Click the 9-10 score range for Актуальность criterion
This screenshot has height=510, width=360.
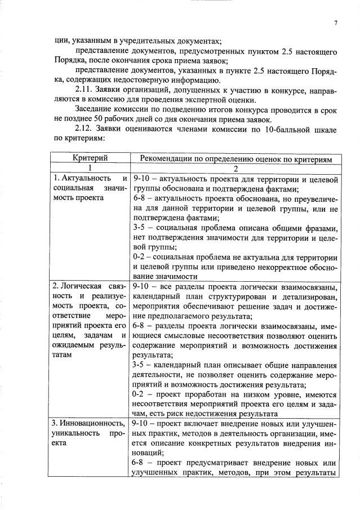point(141,179)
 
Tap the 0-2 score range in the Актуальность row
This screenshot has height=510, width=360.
point(140,257)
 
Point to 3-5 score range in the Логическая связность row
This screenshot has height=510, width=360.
point(140,364)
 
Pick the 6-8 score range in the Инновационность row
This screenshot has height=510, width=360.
point(140,461)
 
